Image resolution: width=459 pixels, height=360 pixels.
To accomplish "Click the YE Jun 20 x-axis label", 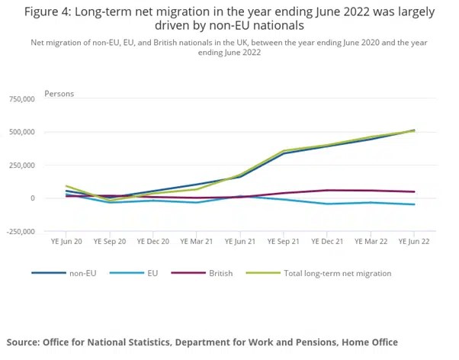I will coord(66,242).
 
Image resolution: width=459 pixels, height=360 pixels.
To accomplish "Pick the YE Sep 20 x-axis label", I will coord(110,242).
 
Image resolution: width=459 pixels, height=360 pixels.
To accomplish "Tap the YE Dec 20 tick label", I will coord(153,242).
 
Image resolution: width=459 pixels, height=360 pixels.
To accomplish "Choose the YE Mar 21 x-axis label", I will coord(197,242).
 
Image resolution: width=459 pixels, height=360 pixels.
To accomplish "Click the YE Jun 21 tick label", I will coord(240,242).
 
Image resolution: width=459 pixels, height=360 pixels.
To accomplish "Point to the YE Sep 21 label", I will coord(284,242).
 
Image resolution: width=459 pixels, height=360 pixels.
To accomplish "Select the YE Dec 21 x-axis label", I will coord(327,242).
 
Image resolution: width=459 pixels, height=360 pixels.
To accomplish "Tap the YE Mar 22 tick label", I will coord(371,242).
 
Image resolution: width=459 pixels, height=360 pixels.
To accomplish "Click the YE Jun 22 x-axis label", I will coord(414,242).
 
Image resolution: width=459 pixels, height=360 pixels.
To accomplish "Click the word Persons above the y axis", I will coord(59,94).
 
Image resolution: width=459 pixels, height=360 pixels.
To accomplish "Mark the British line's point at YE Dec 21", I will coord(327,190).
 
